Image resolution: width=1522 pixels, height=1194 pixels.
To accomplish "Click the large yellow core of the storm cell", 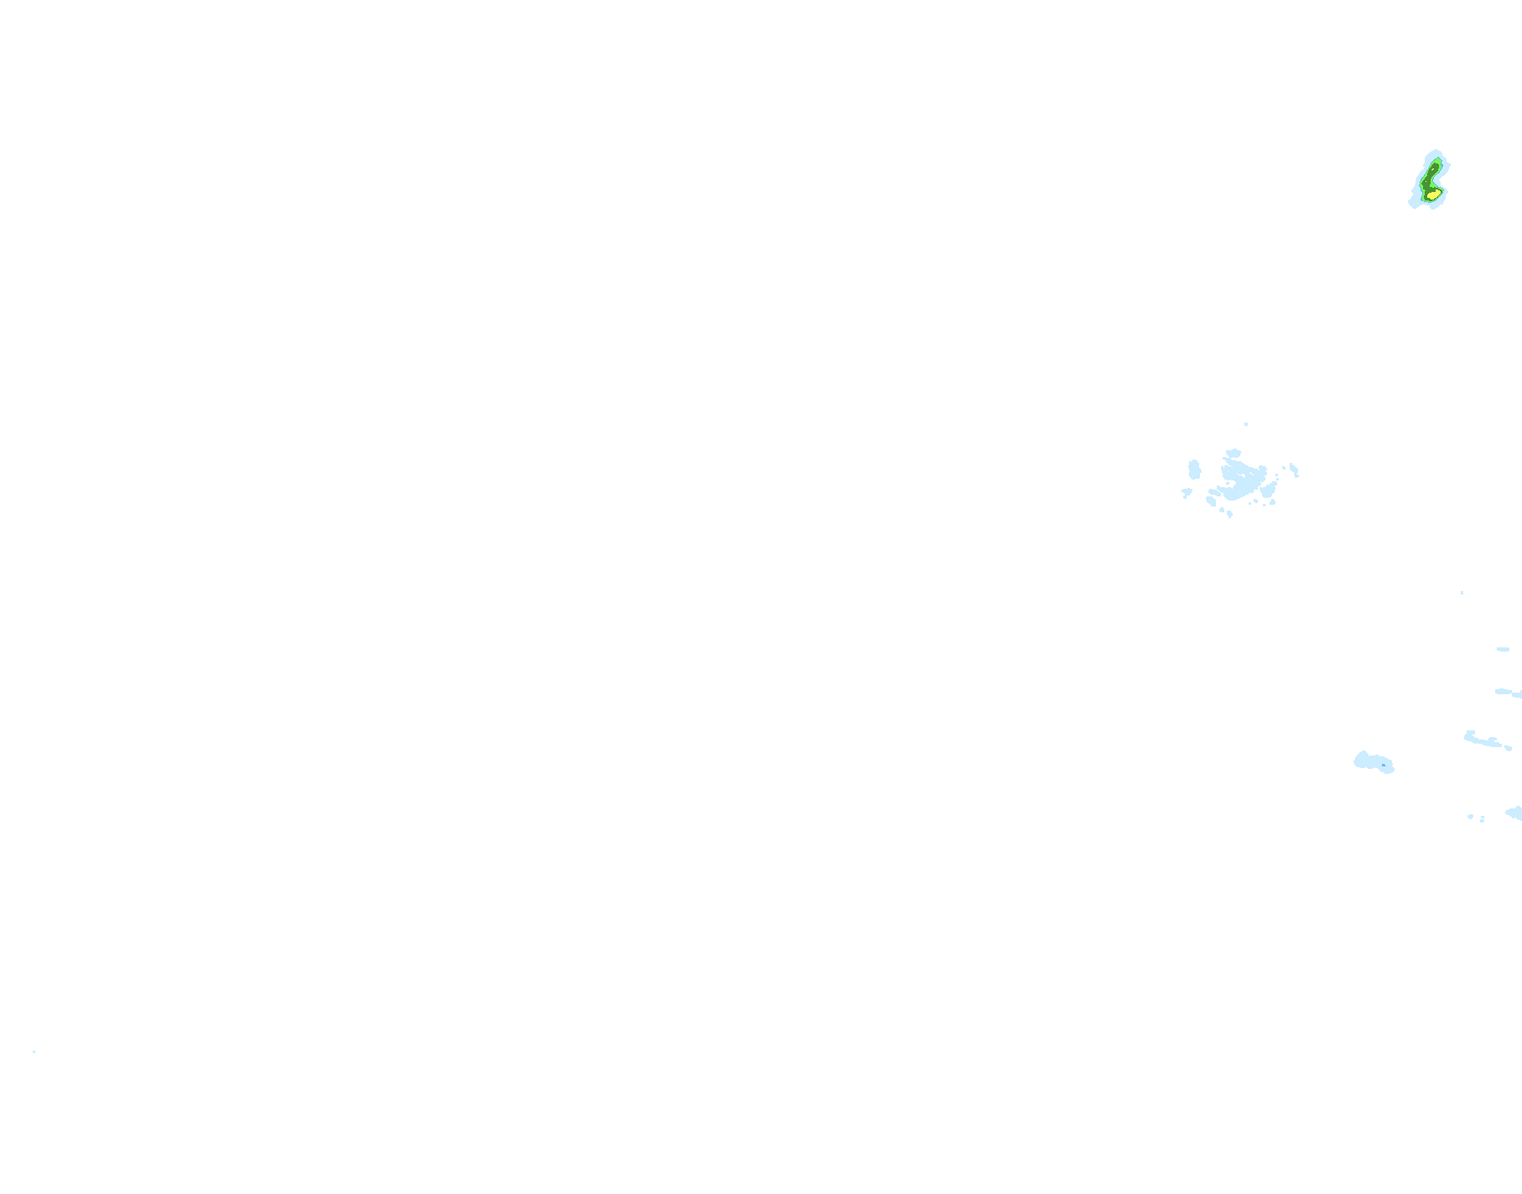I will pos(1434,195).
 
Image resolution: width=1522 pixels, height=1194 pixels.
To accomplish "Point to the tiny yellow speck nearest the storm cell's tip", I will pos(1432,169).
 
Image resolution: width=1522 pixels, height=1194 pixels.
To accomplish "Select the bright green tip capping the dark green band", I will pos(1438,159).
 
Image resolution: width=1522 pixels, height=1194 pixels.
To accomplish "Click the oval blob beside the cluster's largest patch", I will pos(1194,470).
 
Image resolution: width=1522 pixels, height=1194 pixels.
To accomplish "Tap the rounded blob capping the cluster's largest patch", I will pos(1234,454).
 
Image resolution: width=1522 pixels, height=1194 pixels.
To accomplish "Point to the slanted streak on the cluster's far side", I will pos(1294,470).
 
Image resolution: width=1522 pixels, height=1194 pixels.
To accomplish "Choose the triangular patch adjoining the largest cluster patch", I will pos(1269,491).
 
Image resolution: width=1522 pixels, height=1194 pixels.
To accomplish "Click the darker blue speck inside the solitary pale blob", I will pos(1384,765).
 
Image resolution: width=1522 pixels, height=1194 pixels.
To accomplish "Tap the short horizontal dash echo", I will pos(1503,649).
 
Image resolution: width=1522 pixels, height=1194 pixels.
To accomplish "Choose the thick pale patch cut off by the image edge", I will pos(1514,812).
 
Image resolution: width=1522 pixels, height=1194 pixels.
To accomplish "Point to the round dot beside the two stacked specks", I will pos(1470,816).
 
